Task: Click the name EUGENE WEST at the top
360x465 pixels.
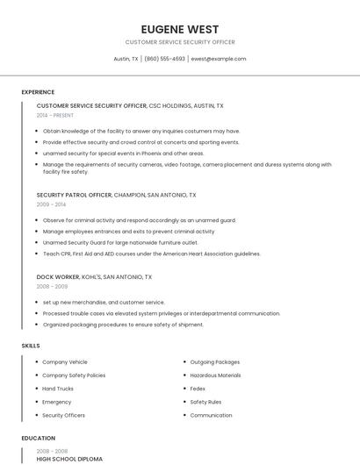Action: pyautogui.click(x=180, y=29)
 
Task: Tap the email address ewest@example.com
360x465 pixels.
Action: pyautogui.click(x=219, y=59)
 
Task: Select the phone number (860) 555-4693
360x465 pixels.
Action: pyautogui.click(x=165, y=59)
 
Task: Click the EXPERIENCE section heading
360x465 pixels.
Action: pyautogui.click(x=38, y=92)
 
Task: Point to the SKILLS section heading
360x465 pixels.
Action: pyautogui.click(x=31, y=346)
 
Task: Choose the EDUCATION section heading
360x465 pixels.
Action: pyautogui.click(x=39, y=438)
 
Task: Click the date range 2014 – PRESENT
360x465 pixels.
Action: pyautogui.click(x=56, y=115)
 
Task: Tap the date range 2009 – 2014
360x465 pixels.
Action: pyautogui.click(x=51, y=204)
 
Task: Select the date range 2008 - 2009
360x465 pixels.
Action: pyautogui.click(x=52, y=286)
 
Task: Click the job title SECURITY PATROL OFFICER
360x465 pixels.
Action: pyautogui.click(x=75, y=195)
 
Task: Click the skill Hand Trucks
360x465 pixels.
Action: pyautogui.click(x=58, y=388)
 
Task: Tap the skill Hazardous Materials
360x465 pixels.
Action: pyautogui.click(x=215, y=375)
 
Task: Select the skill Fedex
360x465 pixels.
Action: pyautogui.click(x=198, y=388)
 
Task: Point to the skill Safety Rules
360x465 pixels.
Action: pyautogui.click(x=205, y=402)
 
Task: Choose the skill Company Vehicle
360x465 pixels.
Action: pyautogui.click(x=65, y=361)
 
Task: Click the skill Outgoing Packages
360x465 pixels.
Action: pyautogui.click(x=214, y=361)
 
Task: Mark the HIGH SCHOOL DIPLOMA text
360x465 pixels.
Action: pyautogui.click(x=69, y=459)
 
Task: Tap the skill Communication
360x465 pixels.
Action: pyautogui.click(x=211, y=415)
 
